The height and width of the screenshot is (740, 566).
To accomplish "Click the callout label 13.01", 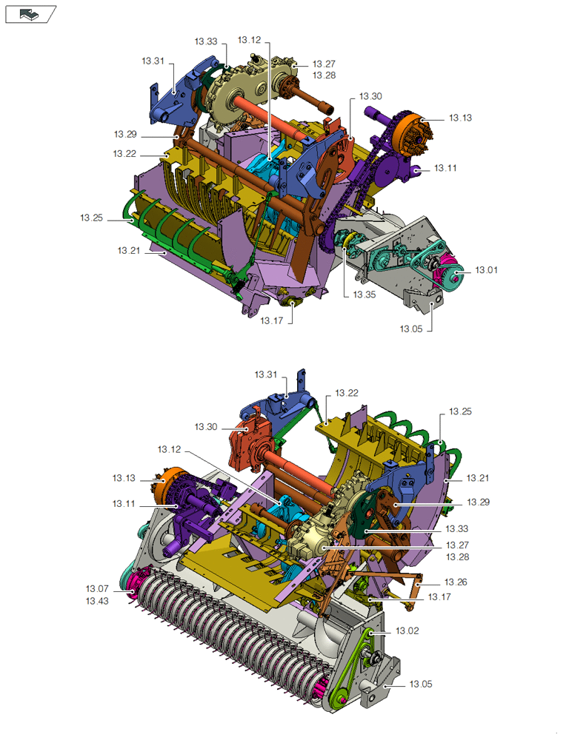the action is [x=486, y=270].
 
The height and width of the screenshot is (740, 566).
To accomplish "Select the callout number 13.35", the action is [x=364, y=295].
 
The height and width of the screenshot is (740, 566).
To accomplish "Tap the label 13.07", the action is [x=97, y=588].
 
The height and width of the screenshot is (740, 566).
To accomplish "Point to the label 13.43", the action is [x=97, y=601].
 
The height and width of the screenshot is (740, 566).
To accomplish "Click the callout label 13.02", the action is [x=407, y=631].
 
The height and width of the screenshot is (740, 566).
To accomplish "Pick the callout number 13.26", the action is [x=456, y=582].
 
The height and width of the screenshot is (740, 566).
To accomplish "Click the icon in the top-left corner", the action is [x=30, y=15].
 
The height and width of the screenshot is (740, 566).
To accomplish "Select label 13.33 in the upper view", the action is [x=206, y=41].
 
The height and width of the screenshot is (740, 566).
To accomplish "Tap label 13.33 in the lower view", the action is [x=457, y=528].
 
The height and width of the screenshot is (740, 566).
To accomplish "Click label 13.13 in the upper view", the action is [x=460, y=118].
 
